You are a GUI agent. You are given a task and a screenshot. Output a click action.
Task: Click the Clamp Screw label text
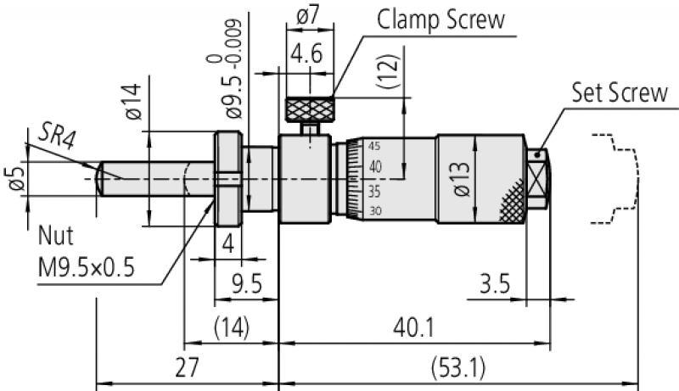point(441,20)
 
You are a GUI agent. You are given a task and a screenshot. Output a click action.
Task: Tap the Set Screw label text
point(620,92)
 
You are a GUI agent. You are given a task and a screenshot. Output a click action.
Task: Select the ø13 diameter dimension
point(462,179)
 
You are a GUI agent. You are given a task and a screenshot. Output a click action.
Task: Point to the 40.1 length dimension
point(413,327)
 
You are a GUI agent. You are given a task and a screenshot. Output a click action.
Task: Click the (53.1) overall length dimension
point(458,368)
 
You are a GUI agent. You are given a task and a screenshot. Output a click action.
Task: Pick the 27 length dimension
point(187,367)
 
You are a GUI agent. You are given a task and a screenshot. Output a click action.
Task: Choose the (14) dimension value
point(232,327)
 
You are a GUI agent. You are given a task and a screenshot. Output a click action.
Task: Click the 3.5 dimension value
point(495,284)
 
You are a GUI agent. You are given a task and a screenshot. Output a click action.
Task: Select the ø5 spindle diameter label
point(16,178)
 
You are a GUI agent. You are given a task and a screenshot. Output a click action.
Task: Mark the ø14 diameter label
point(133,102)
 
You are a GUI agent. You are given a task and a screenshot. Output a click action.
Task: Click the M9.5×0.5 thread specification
point(87,267)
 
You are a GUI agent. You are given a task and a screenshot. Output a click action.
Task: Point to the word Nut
point(56,236)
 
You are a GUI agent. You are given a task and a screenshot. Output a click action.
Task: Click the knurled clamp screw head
point(310,110)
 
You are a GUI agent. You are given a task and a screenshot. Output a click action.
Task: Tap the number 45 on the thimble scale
point(374,146)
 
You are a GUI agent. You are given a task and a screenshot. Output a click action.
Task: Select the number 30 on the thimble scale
point(375,211)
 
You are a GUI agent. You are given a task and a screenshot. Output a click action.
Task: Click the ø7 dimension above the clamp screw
point(307,16)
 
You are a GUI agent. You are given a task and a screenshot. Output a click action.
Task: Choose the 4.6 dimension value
point(307,54)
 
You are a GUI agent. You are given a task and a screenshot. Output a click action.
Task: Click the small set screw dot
point(538,154)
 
